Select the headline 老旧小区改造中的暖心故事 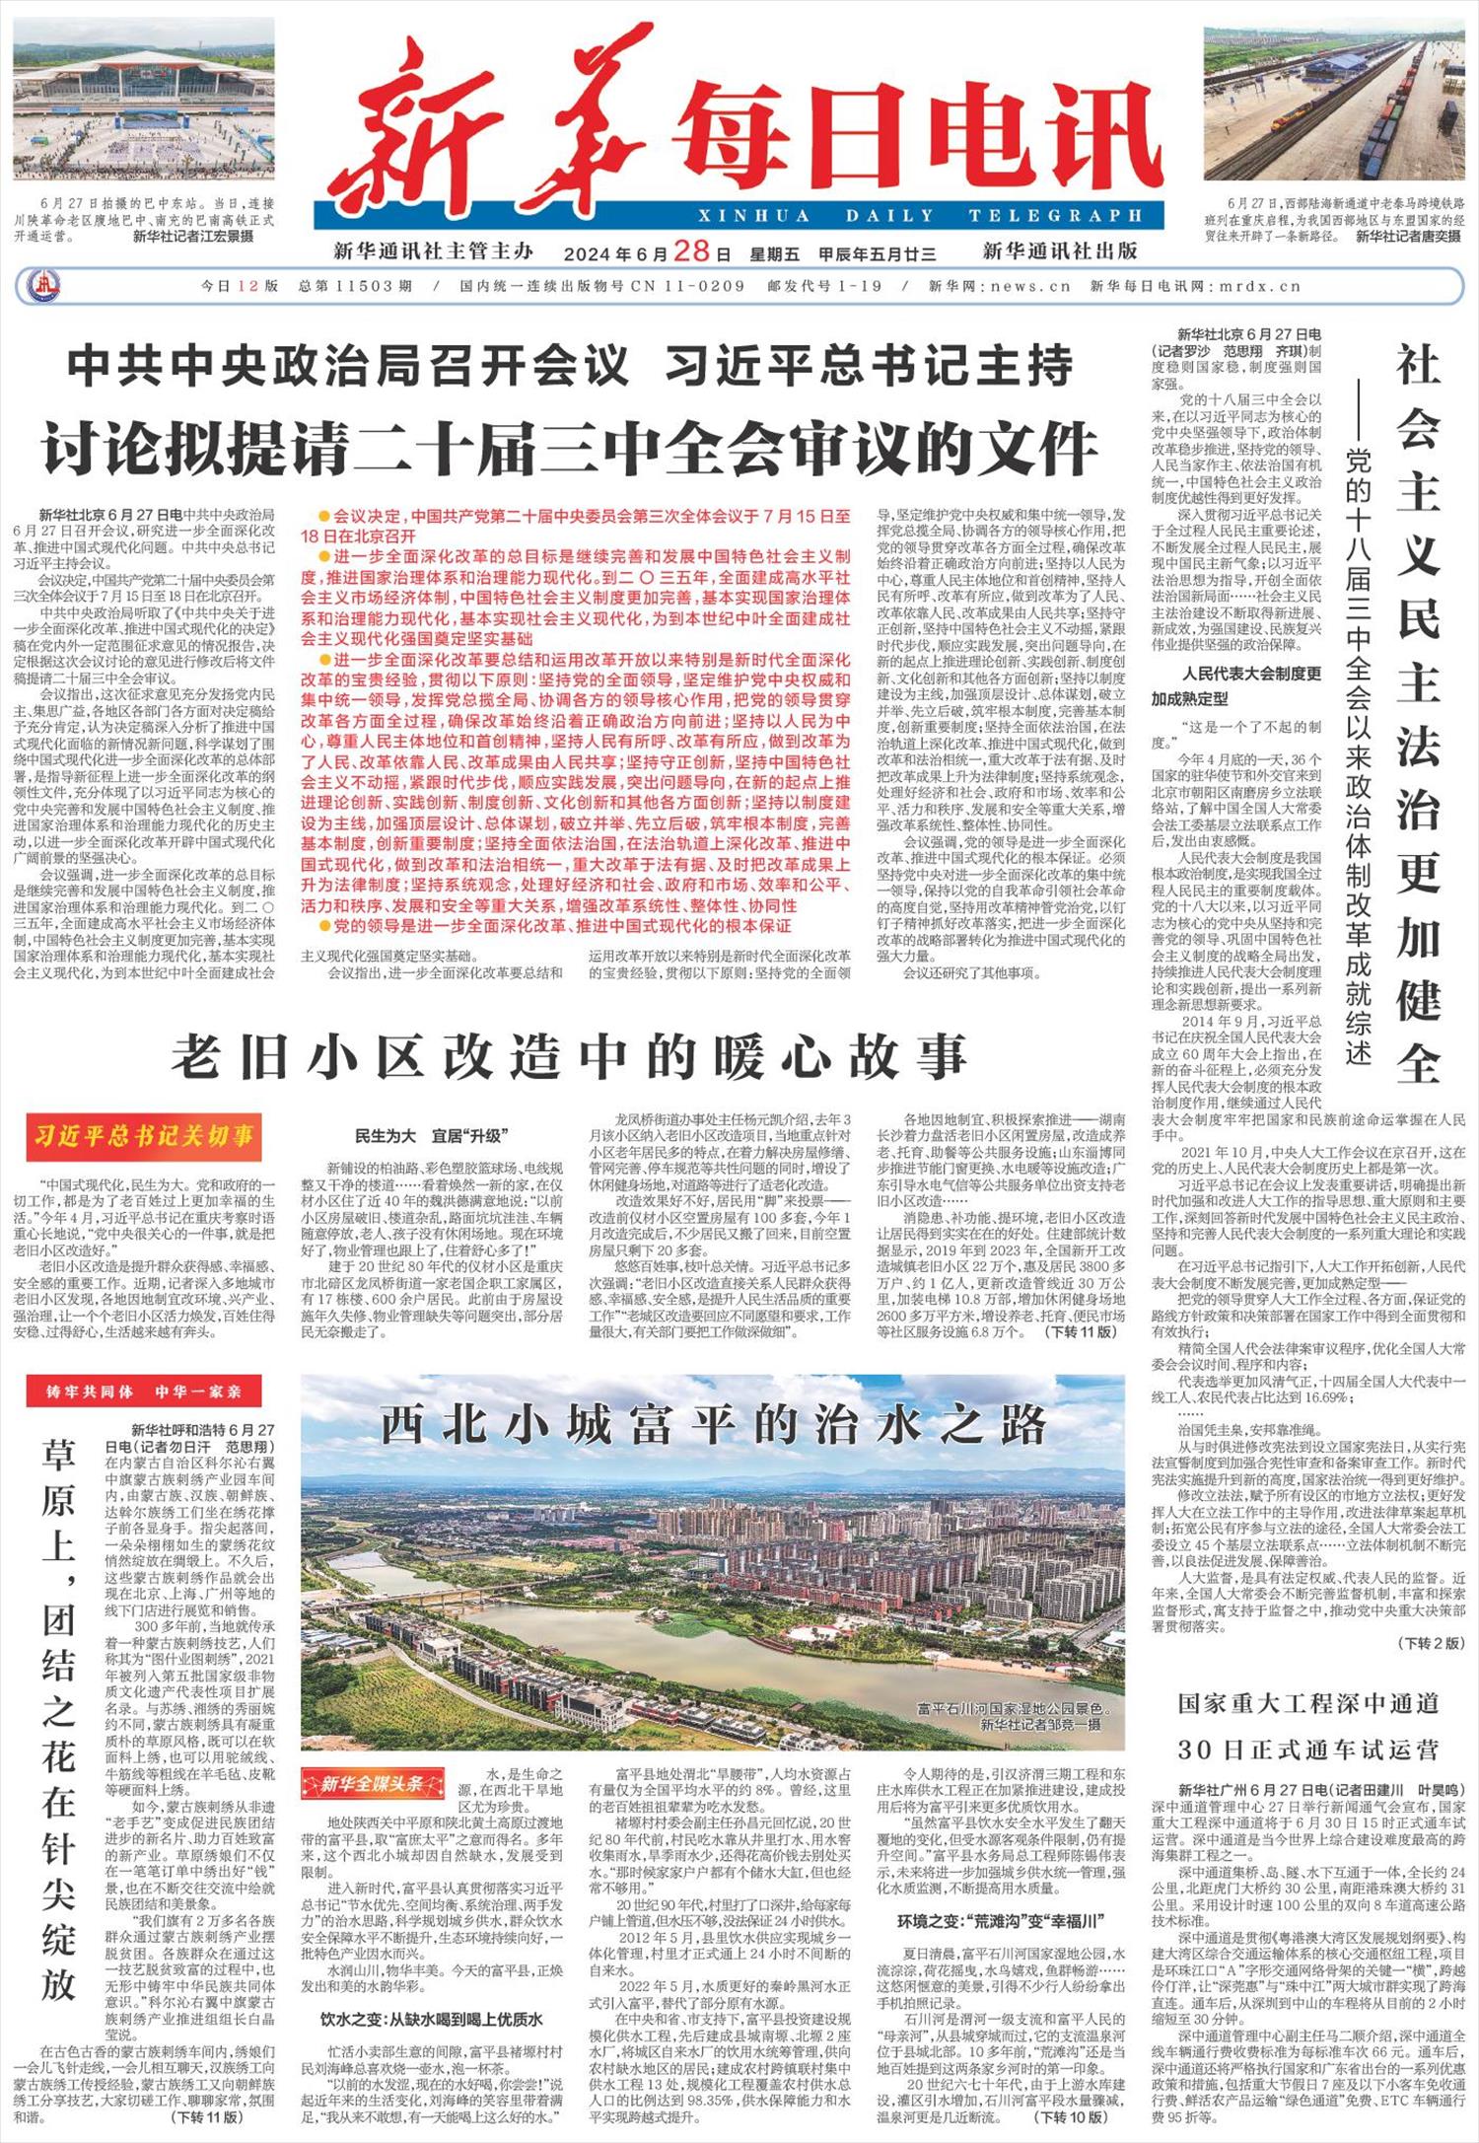pos(570,1056)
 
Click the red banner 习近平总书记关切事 pos(144,1136)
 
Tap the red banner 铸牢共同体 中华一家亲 pos(144,1392)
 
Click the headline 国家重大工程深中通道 pos(1307,1703)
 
